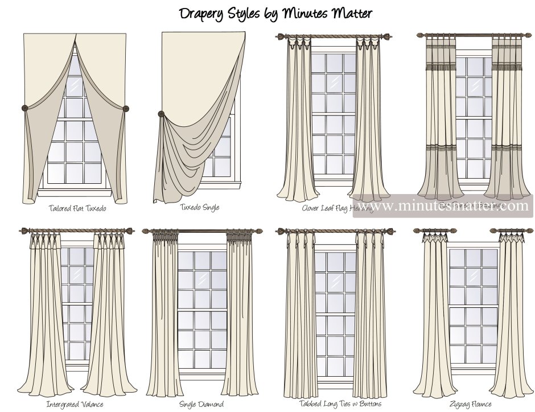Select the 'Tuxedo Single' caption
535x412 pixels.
click(199, 208)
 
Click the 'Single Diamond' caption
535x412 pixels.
click(201, 405)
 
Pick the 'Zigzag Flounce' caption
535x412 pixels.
click(471, 405)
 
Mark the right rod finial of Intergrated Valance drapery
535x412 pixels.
click(132, 230)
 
